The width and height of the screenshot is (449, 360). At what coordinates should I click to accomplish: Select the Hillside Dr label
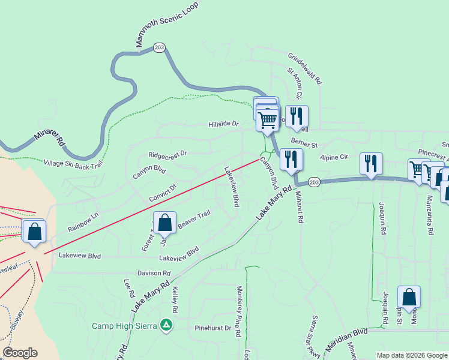point(223,124)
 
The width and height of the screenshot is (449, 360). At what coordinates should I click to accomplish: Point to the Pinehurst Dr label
point(213,328)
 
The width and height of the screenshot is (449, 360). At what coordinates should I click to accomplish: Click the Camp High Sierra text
point(124,326)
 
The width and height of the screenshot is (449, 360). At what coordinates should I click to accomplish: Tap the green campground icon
point(167,326)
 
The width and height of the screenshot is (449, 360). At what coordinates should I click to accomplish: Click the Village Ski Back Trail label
point(74,162)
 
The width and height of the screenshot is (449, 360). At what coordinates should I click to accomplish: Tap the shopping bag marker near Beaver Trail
point(165,224)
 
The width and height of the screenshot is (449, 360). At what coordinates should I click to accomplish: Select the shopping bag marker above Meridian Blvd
point(409,297)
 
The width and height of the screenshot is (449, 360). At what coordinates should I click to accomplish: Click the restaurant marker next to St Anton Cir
point(297,116)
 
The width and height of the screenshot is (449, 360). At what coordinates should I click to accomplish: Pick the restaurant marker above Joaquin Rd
point(371,163)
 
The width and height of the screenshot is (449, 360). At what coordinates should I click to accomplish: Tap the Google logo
point(20,353)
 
